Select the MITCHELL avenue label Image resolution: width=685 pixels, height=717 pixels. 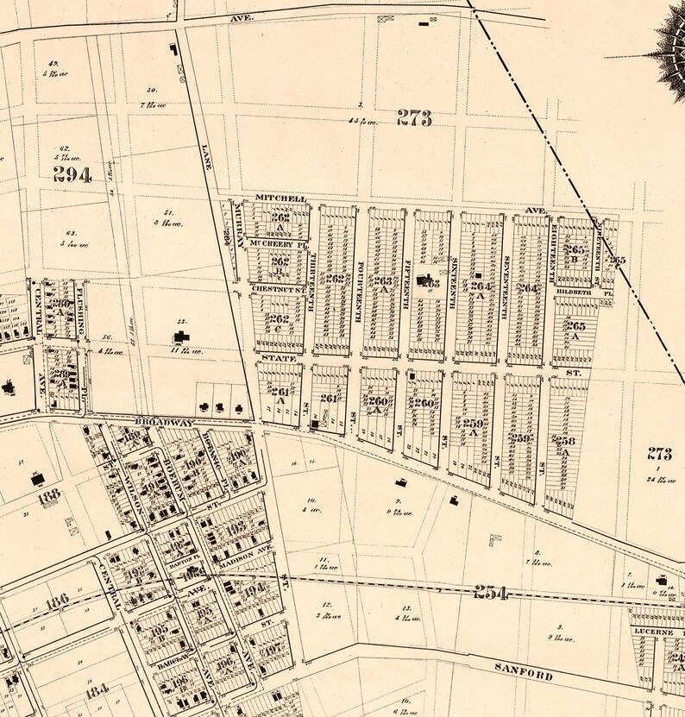click(x=280, y=198)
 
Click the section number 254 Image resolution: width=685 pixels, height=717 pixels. click(x=489, y=592)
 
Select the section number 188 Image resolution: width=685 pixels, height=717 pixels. click(x=49, y=494)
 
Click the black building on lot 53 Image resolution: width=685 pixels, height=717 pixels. click(x=182, y=336)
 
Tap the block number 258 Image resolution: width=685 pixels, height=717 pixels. click(x=565, y=441)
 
